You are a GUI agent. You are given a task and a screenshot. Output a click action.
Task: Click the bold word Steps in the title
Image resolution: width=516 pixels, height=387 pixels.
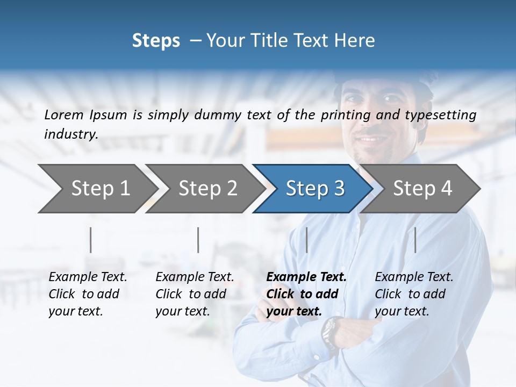tap(156, 41)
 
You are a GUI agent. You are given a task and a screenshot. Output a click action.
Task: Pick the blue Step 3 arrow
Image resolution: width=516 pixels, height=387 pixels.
tap(314, 188)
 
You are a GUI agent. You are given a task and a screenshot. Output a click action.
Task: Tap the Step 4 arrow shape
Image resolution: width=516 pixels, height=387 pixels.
tap(422, 188)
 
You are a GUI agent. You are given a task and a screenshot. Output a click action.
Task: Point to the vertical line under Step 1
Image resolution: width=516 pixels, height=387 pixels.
tap(91, 240)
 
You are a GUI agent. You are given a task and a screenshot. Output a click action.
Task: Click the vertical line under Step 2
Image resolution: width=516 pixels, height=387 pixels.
tap(198, 240)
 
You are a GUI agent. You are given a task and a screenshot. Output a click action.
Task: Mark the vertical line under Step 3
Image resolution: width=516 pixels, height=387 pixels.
tap(306, 240)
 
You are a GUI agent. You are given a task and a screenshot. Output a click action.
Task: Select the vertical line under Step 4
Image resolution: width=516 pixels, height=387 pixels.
tap(415, 240)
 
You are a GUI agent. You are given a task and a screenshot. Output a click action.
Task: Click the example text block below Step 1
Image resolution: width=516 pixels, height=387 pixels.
tap(88, 294)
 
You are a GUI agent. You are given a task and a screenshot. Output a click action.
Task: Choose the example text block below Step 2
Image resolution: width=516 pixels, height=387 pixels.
tap(195, 294)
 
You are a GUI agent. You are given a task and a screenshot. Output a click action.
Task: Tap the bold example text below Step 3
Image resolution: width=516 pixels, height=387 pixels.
tap(306, 294)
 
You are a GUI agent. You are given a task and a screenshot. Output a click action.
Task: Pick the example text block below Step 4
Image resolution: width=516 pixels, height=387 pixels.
tap(414, 294)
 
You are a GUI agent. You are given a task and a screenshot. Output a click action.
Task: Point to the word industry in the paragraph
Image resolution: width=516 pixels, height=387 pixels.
tap(71, 134)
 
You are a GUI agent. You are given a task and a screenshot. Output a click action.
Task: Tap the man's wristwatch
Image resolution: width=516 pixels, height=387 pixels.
tap(331, 331)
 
